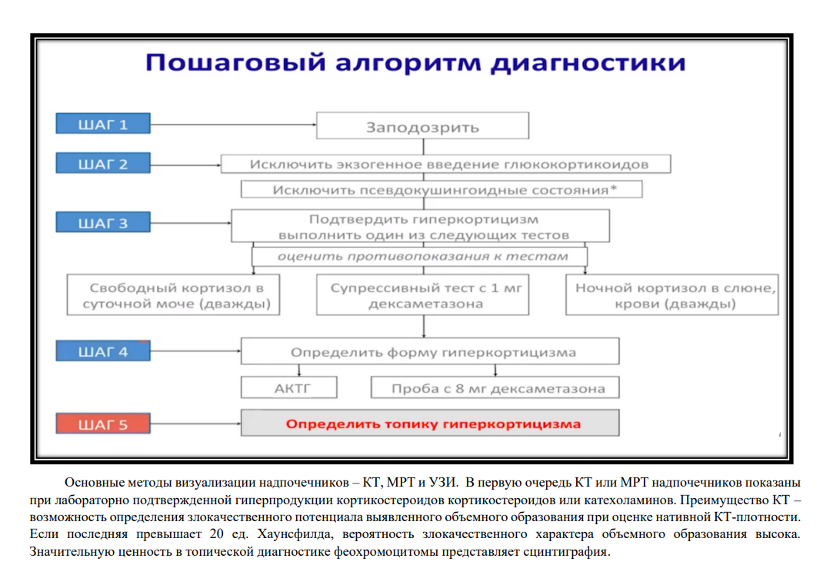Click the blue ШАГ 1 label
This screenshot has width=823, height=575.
pos(103,124)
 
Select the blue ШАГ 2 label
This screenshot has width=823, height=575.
pos(103,163)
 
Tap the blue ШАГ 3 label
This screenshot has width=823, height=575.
pos(103,222)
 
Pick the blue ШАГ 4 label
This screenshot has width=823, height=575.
pos(103,351)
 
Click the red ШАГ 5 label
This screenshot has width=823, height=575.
pos(103,424)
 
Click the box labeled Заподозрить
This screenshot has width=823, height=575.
pos(422,126)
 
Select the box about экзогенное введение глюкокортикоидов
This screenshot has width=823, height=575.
pos(445,165)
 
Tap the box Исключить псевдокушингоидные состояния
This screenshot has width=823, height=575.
pos(441,189)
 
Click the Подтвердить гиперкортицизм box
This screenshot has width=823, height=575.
pos(421,226)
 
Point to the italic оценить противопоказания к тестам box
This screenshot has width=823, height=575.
pos(419,257)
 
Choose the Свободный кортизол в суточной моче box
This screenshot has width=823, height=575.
pos(173,295)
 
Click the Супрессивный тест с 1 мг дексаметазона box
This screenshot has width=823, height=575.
pos(422,295)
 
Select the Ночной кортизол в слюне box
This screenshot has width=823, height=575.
pos(671,295)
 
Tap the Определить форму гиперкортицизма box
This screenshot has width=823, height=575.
pos(430,351)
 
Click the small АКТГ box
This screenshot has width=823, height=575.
pos(288,387)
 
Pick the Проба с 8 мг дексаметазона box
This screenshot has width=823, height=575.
pos(495,387)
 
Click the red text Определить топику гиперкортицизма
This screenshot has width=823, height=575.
pos(433,424)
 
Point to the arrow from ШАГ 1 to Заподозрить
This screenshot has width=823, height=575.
pos(234,125)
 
